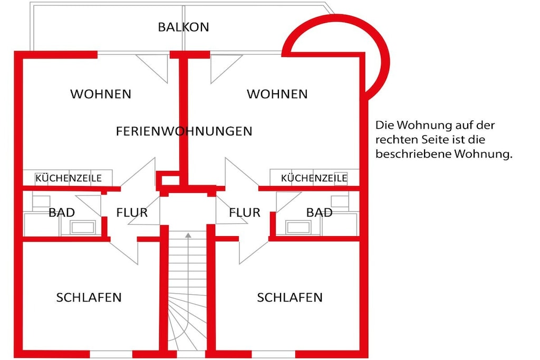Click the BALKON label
click(x=183, y=27)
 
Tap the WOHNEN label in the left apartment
click(x=101, y=94)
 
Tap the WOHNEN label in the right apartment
click(x=277, y=94)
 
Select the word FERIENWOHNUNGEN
click(x=184, y=131)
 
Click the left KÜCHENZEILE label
click(x=69, y=178)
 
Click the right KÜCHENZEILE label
click(x=314, y=178)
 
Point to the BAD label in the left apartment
click(x=62, y=212)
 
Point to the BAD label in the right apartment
click(x=319, y=212)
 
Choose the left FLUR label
click(x=132, y=212)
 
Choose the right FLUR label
click(x=245, y=212)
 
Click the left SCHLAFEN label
click(x=89, y=297)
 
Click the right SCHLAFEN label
click(x=290, y=297)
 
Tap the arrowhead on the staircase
click(x=188, y=236)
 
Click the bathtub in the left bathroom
click(x=82, y=228)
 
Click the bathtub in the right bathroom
click(x=298, y=228)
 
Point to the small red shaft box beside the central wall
click(x=168, y=180)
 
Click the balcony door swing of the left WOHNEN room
click(x=152, y=69)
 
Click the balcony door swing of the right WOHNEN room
click(x=227, y=69)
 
